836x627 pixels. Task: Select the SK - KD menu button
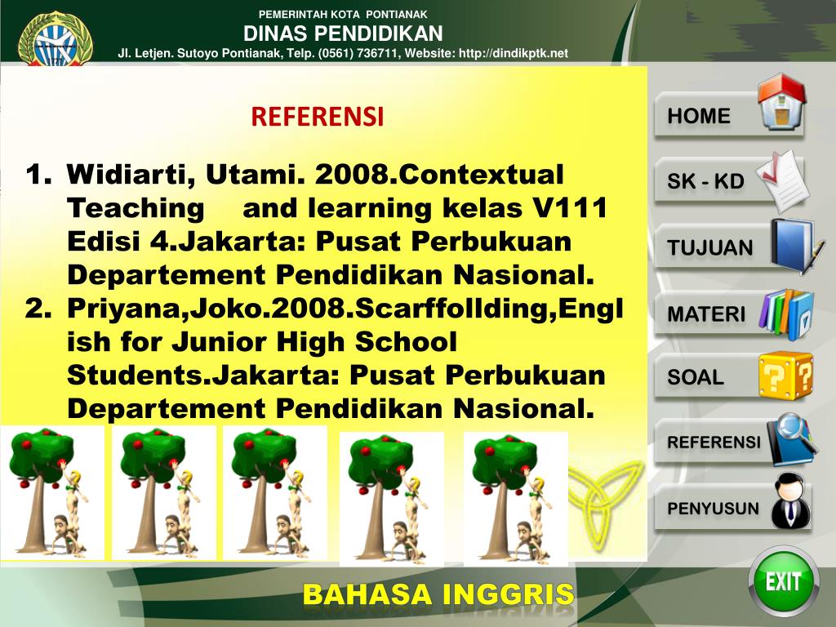[x=706, y=181]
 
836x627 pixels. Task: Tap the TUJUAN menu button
[x=710, y=247]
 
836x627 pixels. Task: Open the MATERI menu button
[x=707, y=313]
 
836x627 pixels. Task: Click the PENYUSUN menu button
[x=714, y=508]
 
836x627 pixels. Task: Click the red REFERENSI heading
[x=317, y=117]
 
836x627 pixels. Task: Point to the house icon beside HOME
[x=781, y=103]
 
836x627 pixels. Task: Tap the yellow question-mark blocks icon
[x=785, y=376]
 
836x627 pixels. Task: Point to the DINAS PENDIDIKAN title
[x=343, y=33]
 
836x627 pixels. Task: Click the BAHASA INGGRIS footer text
[x=438, y=595]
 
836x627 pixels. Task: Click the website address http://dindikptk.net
[x=514, y=53]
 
